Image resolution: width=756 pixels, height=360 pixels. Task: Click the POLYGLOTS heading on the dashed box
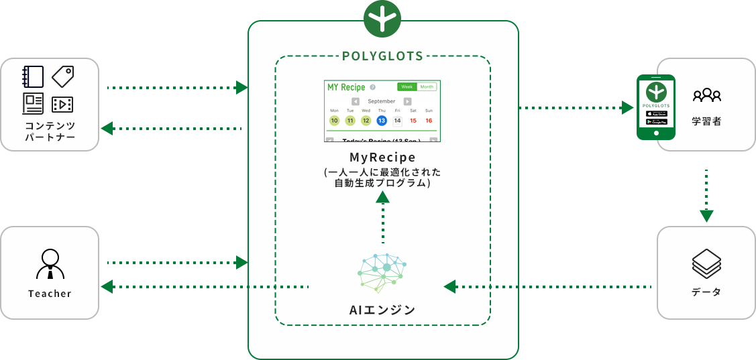tap(382, 56)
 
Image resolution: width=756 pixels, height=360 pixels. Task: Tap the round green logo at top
tap(382, 19)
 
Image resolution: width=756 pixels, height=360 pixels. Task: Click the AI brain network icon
tap(382, 274)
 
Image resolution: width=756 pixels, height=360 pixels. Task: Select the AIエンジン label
tap(382, 310)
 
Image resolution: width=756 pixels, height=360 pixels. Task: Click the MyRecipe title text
tap(382, 158)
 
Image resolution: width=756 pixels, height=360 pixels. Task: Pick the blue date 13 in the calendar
tap(382, 121)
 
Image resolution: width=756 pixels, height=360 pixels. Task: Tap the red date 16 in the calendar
tap(429, 121)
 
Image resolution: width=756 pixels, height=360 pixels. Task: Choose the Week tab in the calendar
tap(407, 86)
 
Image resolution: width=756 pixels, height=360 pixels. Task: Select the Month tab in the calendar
tap(427, 86)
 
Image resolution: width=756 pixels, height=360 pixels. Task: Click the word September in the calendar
tap(382, 101)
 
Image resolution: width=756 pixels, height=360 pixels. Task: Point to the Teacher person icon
tap(50, 263)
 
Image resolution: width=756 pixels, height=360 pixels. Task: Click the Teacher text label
tap(50, 294)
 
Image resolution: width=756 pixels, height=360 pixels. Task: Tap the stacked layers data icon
tap(706, 264)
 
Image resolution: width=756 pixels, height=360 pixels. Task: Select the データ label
tap(706, 293)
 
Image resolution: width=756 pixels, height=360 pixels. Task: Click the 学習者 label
tap(707, 122)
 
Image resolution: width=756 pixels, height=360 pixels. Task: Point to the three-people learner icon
tap(707, 95)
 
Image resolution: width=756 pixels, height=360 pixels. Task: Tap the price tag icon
tap(63, 76)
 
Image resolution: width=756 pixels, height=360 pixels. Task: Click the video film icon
tap(62, 104)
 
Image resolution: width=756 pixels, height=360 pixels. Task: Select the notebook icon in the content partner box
tap(33, 76)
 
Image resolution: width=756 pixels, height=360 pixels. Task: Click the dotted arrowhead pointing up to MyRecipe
tap(382, 196)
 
